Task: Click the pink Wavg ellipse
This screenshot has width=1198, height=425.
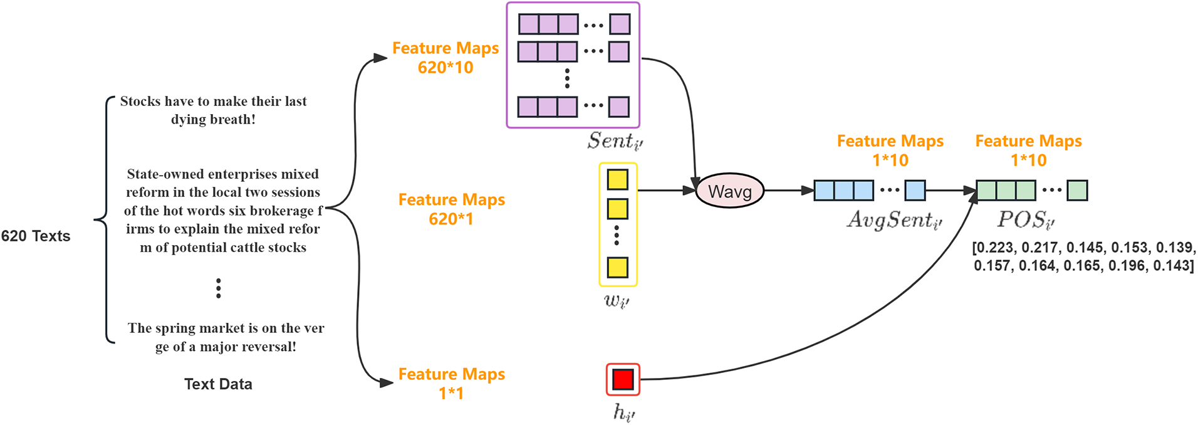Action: point(730,191)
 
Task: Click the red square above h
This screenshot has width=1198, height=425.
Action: point(623,379)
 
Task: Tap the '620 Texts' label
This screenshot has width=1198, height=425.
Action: point(36,236)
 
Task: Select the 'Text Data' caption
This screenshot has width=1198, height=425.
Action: point(218,384)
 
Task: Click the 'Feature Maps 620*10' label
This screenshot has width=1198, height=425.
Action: point(445,58)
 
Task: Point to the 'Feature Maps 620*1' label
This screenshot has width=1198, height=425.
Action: point(452,209)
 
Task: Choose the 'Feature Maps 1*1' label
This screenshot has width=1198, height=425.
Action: point(452,384)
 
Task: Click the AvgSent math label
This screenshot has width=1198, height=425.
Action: point(895,221)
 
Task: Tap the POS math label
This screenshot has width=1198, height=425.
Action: point(1026,221)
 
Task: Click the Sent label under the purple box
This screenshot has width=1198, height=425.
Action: point(615,142)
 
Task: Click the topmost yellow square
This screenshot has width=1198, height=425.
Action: point(618,179)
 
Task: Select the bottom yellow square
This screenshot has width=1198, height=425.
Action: point(618,268)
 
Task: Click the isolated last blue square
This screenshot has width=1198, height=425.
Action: point(915,191)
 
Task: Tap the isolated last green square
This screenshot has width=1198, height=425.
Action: point(1077,191)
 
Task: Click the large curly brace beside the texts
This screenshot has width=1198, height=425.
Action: point(105,220)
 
